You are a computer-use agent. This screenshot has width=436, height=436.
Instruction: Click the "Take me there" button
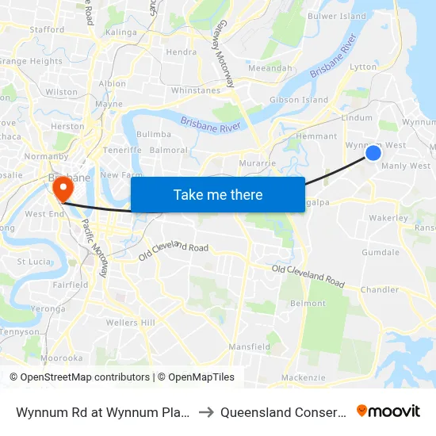(x=217, y=194)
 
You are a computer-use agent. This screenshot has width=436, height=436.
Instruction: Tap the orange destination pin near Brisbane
(x=61, y=189)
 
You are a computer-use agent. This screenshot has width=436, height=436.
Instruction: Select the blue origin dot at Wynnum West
(x=373, y=152)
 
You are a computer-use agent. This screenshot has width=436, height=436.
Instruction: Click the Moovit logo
(x=388, y=411)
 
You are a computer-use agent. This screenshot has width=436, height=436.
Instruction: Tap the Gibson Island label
(x=299, y=100)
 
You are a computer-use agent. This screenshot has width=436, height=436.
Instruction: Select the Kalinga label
(x=120, y=33)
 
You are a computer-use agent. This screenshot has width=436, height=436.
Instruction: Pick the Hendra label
(x=181, y=52)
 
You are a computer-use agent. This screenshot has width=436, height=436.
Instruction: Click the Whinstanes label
(x=195, y=90)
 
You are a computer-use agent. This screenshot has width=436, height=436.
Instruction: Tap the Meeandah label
(x=270, y=68)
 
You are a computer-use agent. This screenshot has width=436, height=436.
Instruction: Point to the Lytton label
(x=363, y=67)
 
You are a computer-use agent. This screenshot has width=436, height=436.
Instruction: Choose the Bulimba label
(x=154, y=135)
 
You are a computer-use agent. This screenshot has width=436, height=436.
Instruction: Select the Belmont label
(x=308, y=303)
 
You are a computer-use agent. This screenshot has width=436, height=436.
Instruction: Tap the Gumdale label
(x=381, y=252)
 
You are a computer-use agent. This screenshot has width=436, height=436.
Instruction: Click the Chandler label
(x=379, y=290)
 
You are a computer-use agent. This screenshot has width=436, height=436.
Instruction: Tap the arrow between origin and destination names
(x=205, y=412)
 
